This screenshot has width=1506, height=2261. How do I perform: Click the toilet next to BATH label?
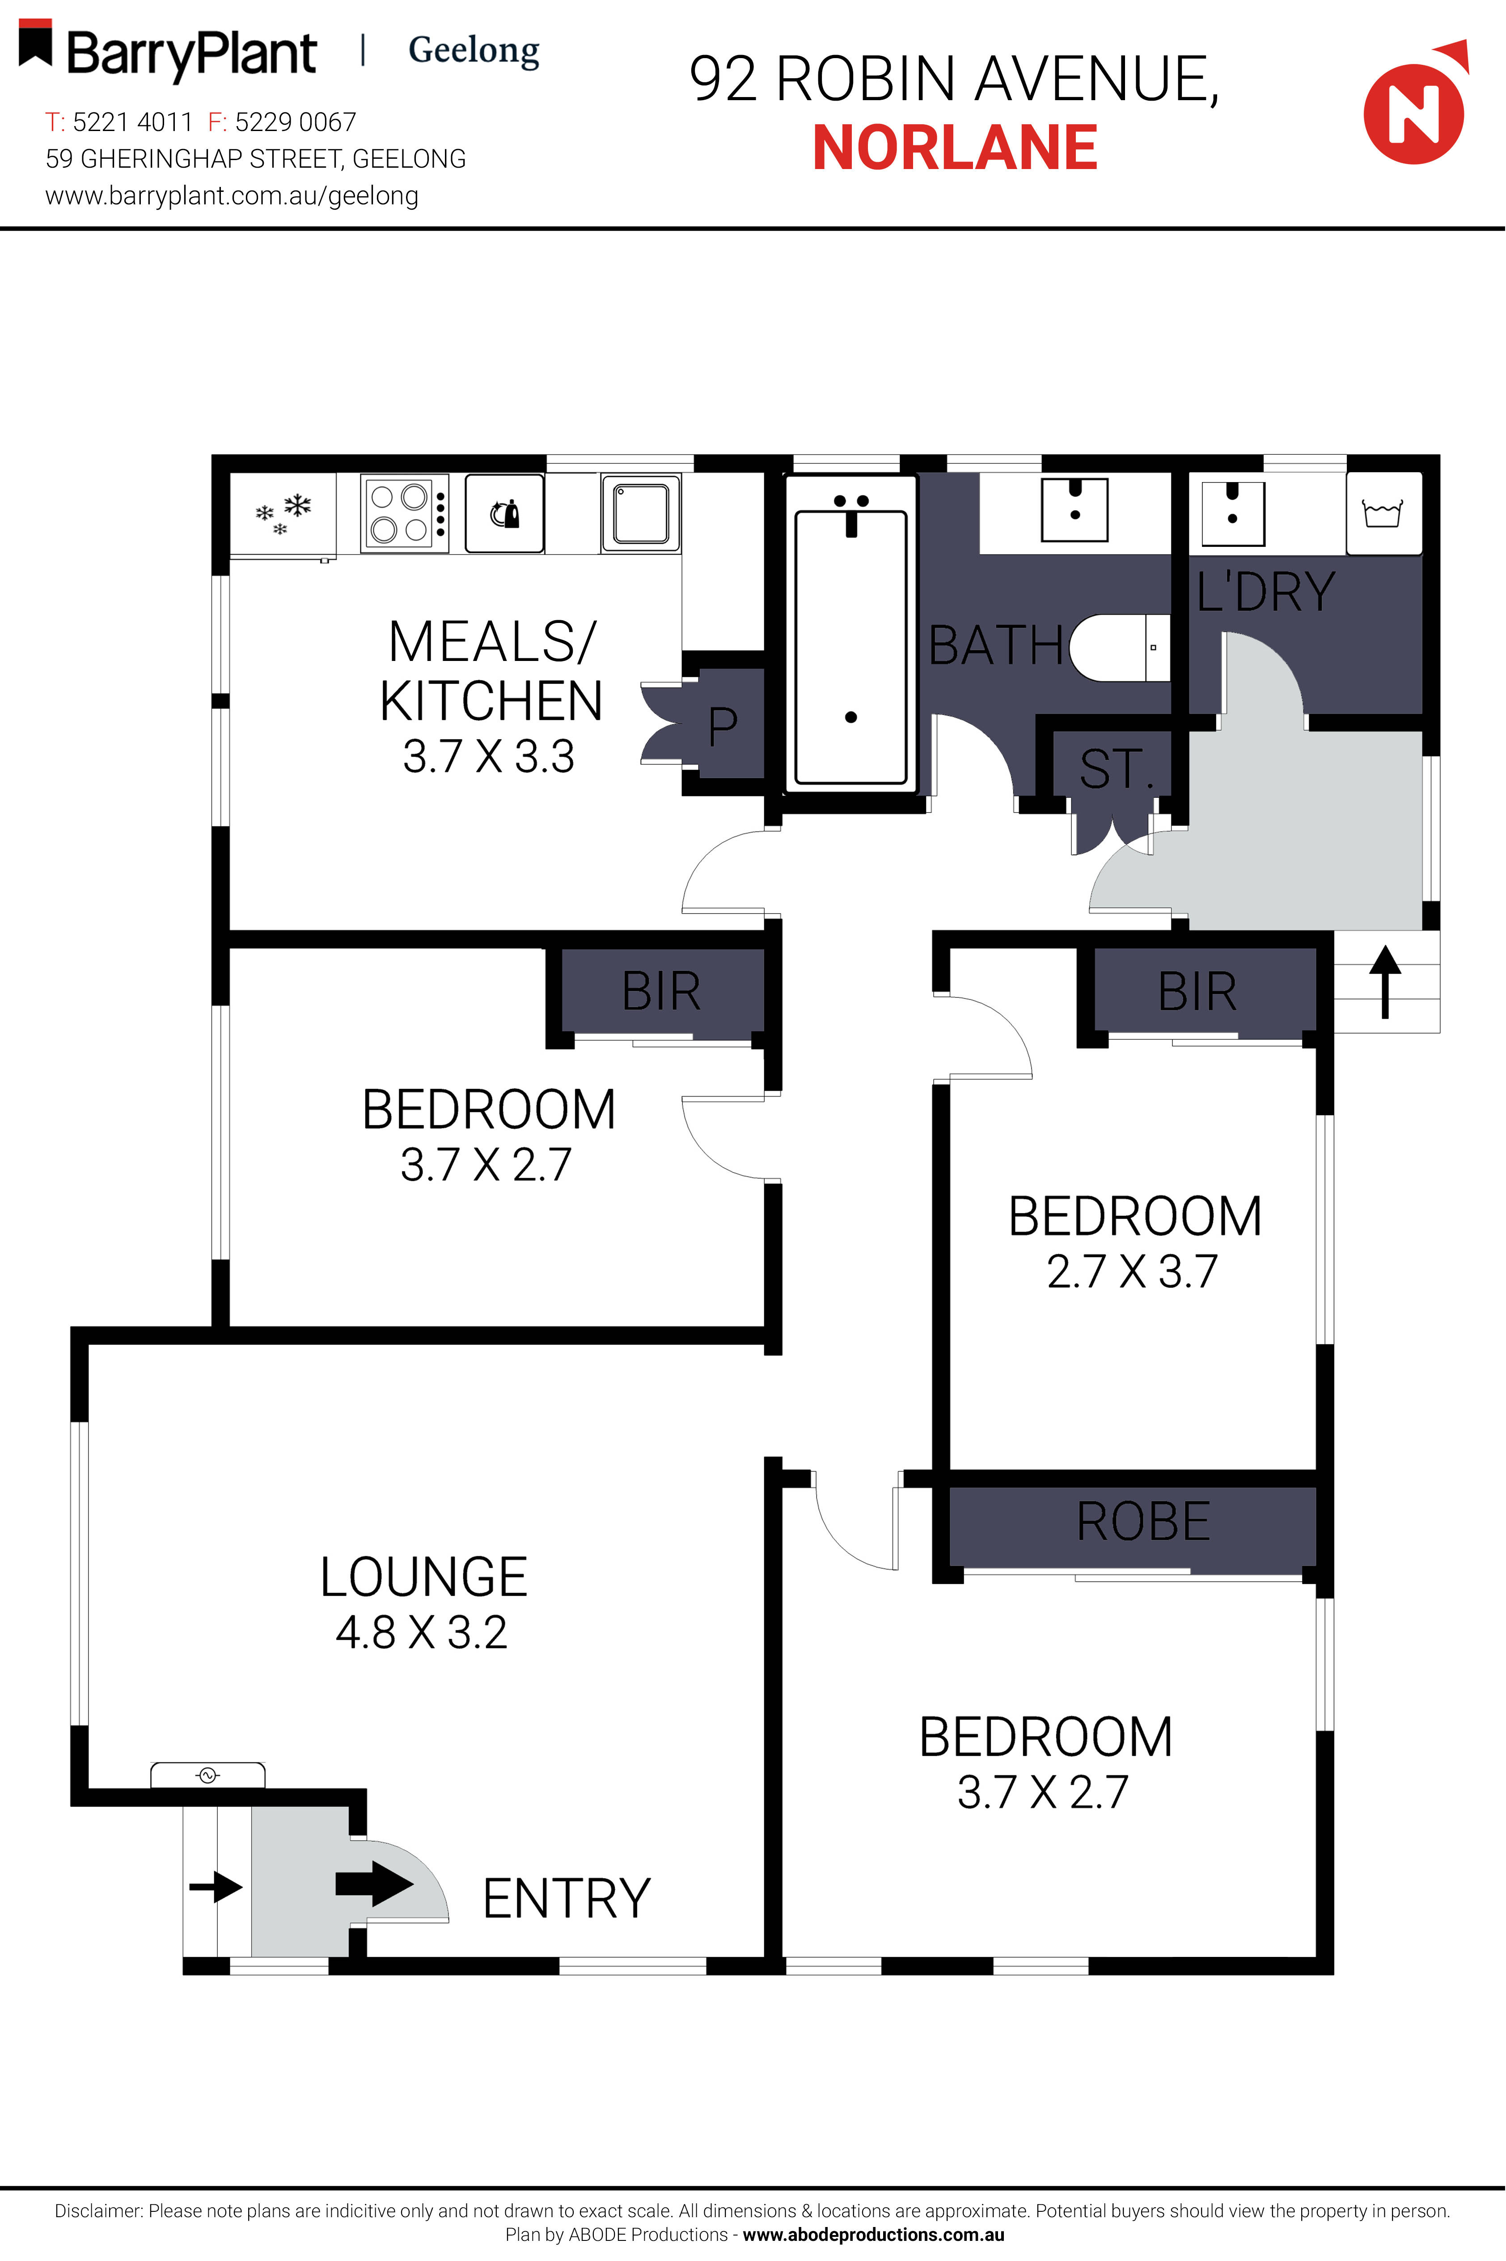1119,648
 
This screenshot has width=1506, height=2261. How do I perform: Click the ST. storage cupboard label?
1114,768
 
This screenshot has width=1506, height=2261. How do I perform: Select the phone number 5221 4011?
132,122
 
